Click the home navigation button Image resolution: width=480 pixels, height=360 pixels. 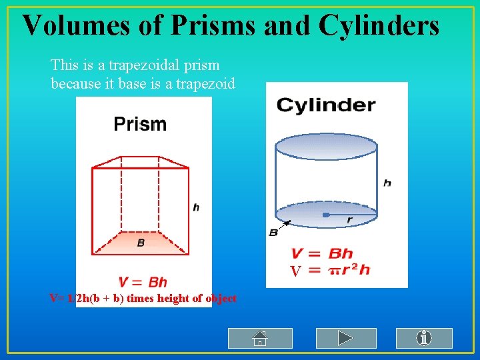point(260,338)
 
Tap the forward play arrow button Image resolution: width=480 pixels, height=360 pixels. point(344,338)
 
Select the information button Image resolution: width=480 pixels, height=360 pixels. point(424,338)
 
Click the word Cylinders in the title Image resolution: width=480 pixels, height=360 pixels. point(379,25)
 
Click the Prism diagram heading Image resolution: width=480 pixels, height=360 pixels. point(140,123)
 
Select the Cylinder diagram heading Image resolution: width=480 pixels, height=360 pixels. point(326,105)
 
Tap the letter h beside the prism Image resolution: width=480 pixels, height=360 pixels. point(196,207)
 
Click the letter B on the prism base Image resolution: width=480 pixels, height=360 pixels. point(141,243)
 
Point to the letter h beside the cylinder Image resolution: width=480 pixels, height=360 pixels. point(387,183)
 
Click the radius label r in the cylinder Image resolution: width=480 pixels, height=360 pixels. point(350,220)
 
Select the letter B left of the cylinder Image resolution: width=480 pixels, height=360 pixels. point(273,232)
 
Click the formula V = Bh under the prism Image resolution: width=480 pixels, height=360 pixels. point(143,282)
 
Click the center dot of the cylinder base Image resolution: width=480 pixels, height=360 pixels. point(326,215)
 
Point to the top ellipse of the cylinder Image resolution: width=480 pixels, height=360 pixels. point(326,145)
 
